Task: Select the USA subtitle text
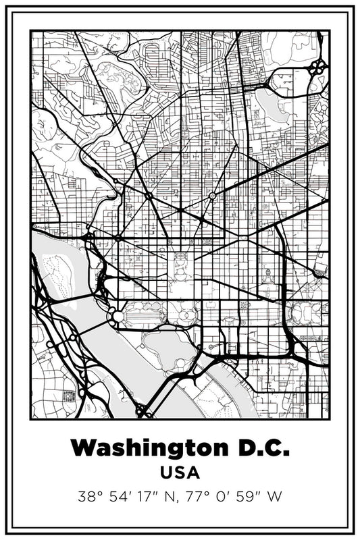point(180,473)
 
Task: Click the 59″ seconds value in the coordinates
point(254,497)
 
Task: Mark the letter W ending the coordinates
point(275,497)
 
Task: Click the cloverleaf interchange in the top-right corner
point(318,67)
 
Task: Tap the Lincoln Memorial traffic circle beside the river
point(118,316)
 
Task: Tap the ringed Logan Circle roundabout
point(212,196)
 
